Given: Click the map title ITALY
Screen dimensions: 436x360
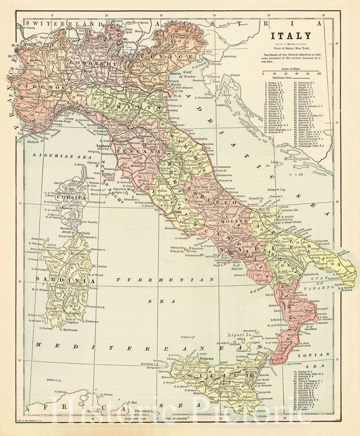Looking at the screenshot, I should (291, 36).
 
